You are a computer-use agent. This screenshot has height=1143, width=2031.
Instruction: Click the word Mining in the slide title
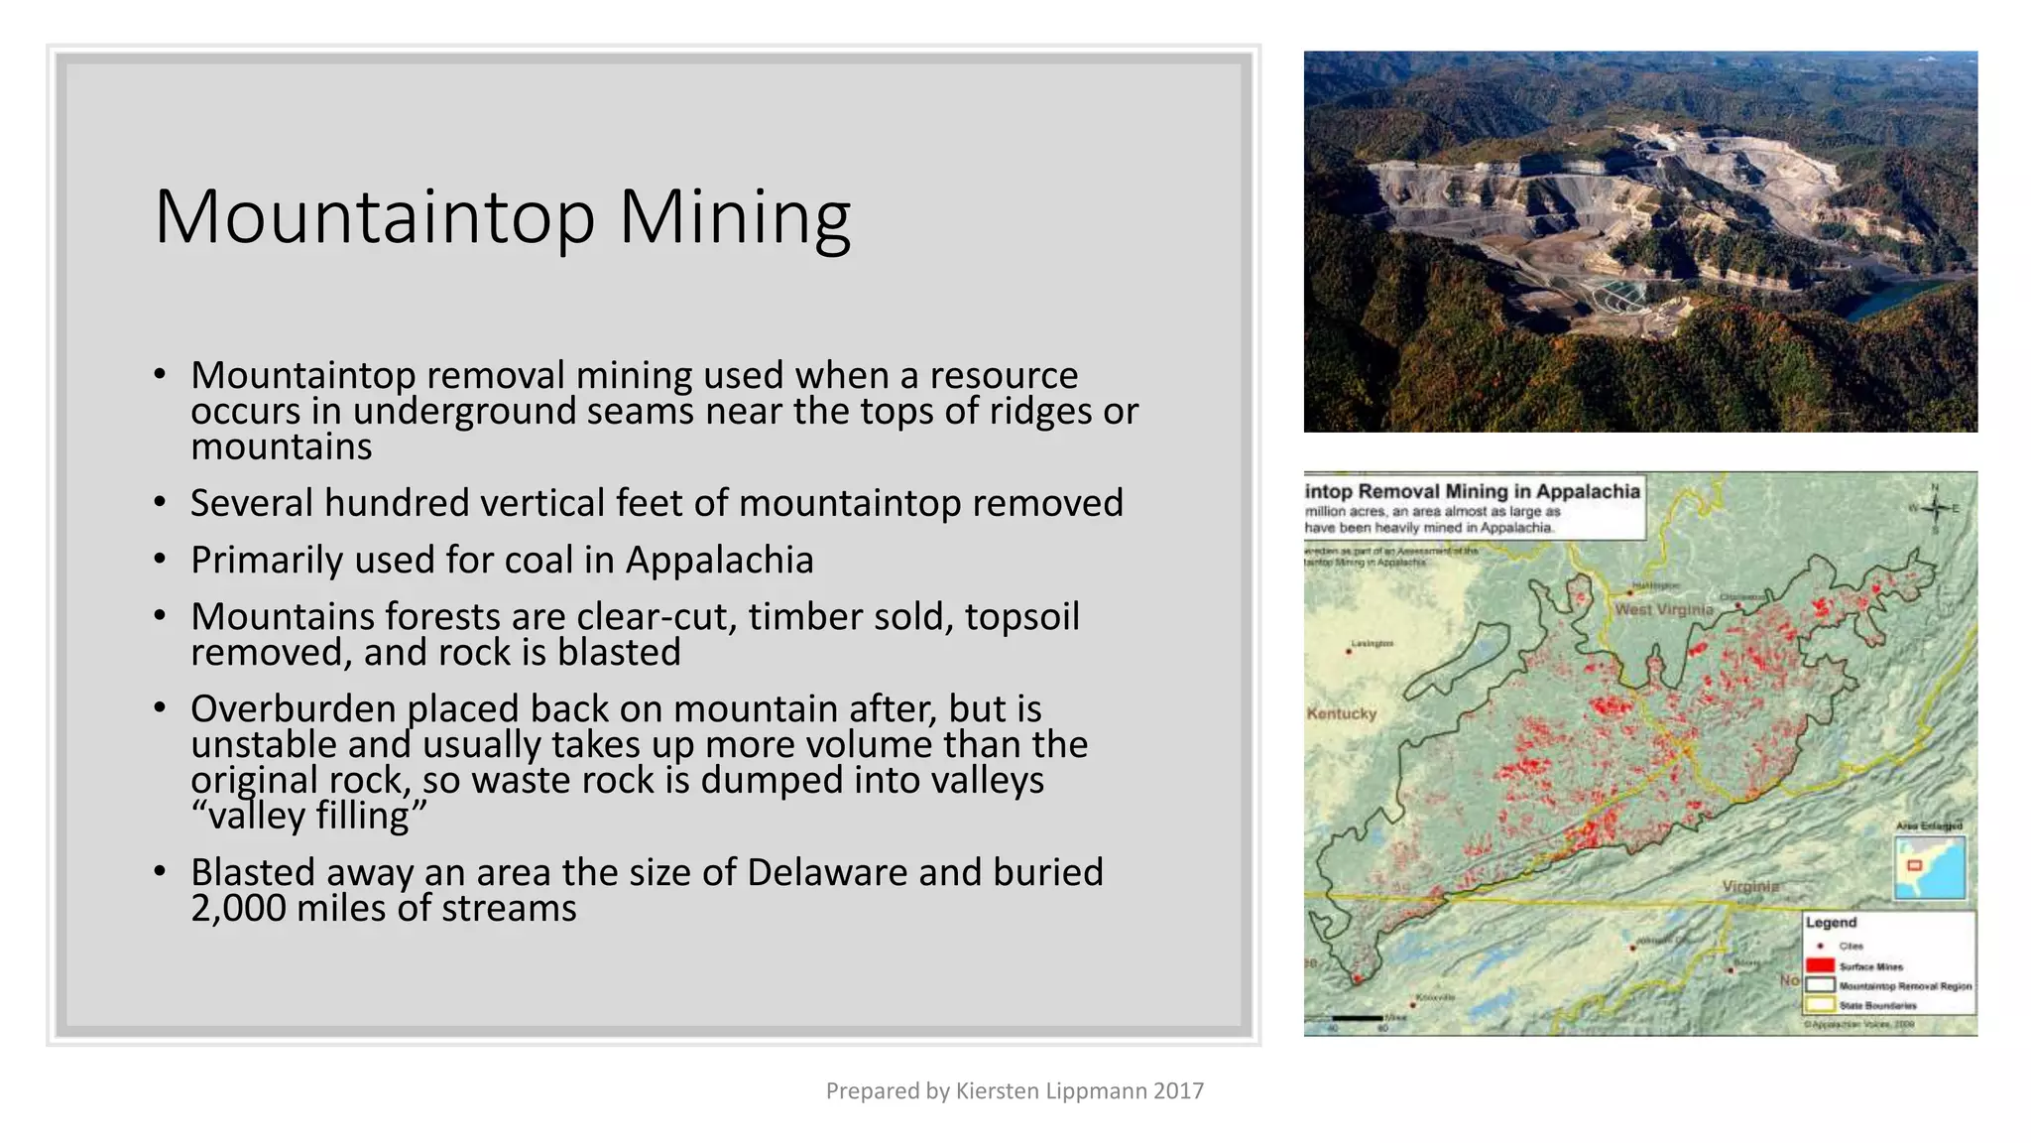(x=735, y=216)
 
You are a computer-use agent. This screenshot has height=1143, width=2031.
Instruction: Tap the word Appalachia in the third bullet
(x=719, y=561)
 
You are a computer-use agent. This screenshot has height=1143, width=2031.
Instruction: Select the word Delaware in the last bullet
(x=827, y=873)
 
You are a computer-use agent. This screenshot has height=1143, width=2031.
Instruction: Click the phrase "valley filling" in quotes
(x=308, y=817)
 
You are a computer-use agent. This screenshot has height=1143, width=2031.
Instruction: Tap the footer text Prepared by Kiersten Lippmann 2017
(x=1015, y=1091)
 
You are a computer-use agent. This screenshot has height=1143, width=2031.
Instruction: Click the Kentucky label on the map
(x=1342, y=713)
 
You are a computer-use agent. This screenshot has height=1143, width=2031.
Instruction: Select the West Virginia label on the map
(x=1663, y=609)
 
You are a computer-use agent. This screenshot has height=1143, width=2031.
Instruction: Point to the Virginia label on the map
(x=1750, y=886)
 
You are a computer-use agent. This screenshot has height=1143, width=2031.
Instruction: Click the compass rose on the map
(x=1935, y=508)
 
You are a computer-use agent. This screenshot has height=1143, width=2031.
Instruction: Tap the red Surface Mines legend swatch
(x=1820, y=965)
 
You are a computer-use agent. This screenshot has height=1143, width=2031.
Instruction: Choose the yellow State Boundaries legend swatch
(x=1820, y=1005)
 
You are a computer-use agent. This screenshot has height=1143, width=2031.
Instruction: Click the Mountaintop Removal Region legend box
(x=1820, y=985)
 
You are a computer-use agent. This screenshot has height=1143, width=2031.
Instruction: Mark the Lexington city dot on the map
(x=1349, y=652)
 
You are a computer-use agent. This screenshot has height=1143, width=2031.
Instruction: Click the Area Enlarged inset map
(x=1929, y=867)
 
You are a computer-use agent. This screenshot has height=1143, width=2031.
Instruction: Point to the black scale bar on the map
(x=1357, y=1018)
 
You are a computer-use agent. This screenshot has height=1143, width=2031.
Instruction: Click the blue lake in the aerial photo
(x=1889, y=298)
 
